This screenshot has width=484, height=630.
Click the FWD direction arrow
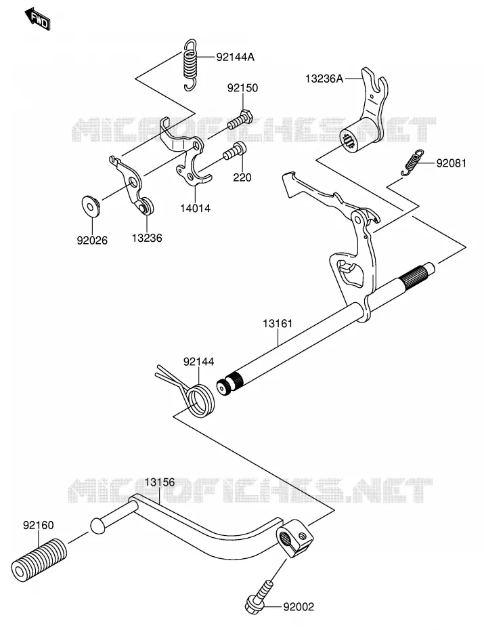[x=37, y=20]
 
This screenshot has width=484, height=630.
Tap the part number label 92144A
[x=235, y=57]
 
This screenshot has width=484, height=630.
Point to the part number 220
[x=242, y=177]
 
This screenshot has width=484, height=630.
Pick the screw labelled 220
[x=235, y=150]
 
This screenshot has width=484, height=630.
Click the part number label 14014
[x=195, y=208]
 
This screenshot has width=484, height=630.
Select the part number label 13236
[x=147, y=238]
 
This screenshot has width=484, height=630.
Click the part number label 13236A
[x=324, y=79]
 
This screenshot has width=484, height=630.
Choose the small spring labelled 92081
[x=412, y=163]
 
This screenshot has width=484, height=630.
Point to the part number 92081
[x=452, y=163]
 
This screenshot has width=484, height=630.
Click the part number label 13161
[x=278, y=323]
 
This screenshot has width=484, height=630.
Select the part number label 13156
[x=160, y=482]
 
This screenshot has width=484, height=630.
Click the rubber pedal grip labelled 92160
[x=39, y=560]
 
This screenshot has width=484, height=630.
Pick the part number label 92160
[x=38, y=525]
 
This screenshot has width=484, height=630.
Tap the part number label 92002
[x=299, y=606]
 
